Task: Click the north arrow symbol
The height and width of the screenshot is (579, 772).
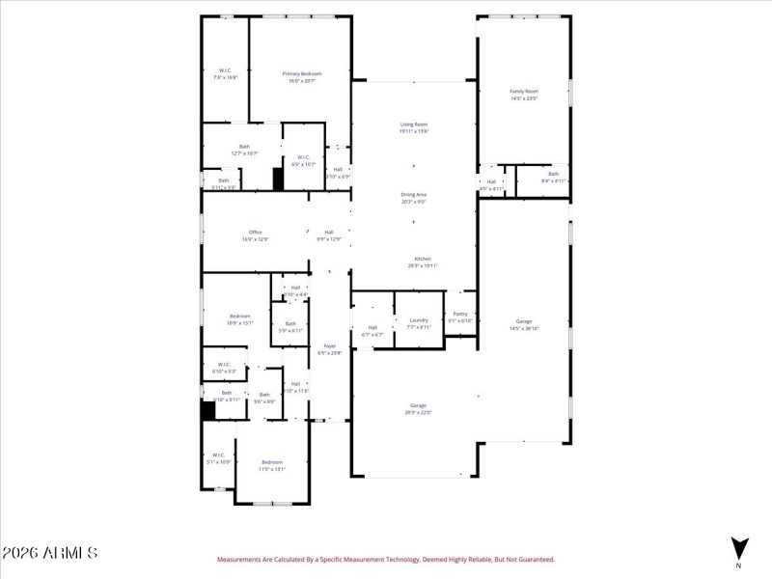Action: coord(738,546)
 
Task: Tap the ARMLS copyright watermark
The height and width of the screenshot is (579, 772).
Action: coord(49,553)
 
